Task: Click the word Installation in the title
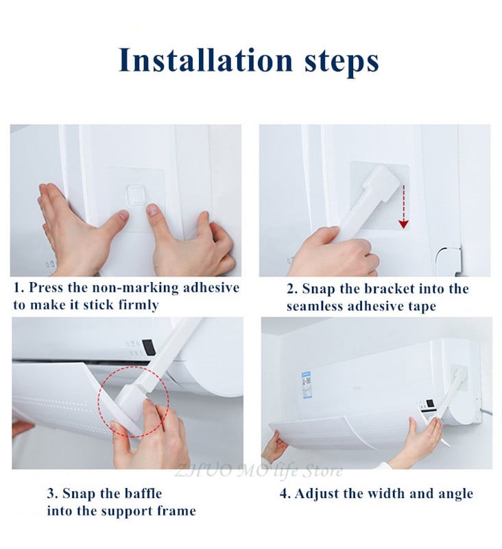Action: point(205,60)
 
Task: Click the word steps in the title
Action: point(342,62)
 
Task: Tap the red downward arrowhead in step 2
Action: point(404,224)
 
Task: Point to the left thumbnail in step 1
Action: point(123,215)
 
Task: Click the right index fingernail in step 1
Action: point(152,210)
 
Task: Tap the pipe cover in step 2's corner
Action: point(449,261)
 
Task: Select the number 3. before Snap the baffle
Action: point(53,493)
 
